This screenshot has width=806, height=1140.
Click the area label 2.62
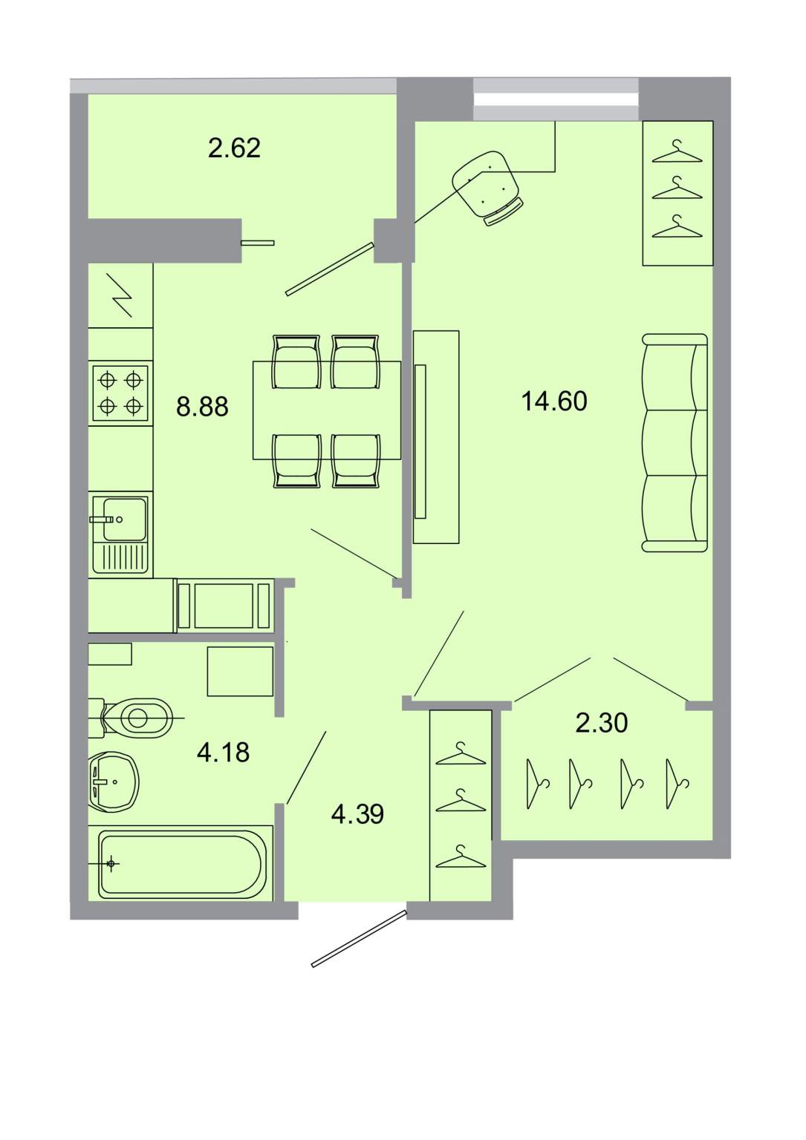pyautogui.click(x=234, y=148)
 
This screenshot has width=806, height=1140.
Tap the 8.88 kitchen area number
pyautogui.click(x=202, y=407)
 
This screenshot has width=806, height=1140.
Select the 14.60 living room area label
pyautogui.click(x=554, y=401)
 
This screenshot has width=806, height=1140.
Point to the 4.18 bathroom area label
pyautogui.click(x=223, y=753)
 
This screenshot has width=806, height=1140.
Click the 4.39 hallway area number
pyautogui.click(x=357, y=814)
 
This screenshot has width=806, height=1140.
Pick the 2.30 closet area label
pyautogui.click(x=602, y=723)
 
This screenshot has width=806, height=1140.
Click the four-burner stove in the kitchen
pyautogui.click(x=120, y=393)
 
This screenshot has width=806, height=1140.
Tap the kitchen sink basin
pyautogui.click(x=125, y=519)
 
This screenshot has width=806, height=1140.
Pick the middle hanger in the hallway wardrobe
pyautogui.click(x=461, y=801)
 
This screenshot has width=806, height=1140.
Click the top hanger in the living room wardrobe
pyautogui.click(x=677, y=151)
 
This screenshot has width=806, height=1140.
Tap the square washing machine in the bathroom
pyautogui.click(x=240, y=671)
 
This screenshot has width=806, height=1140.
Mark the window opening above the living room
pyautogui.click(x=556, y=99)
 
